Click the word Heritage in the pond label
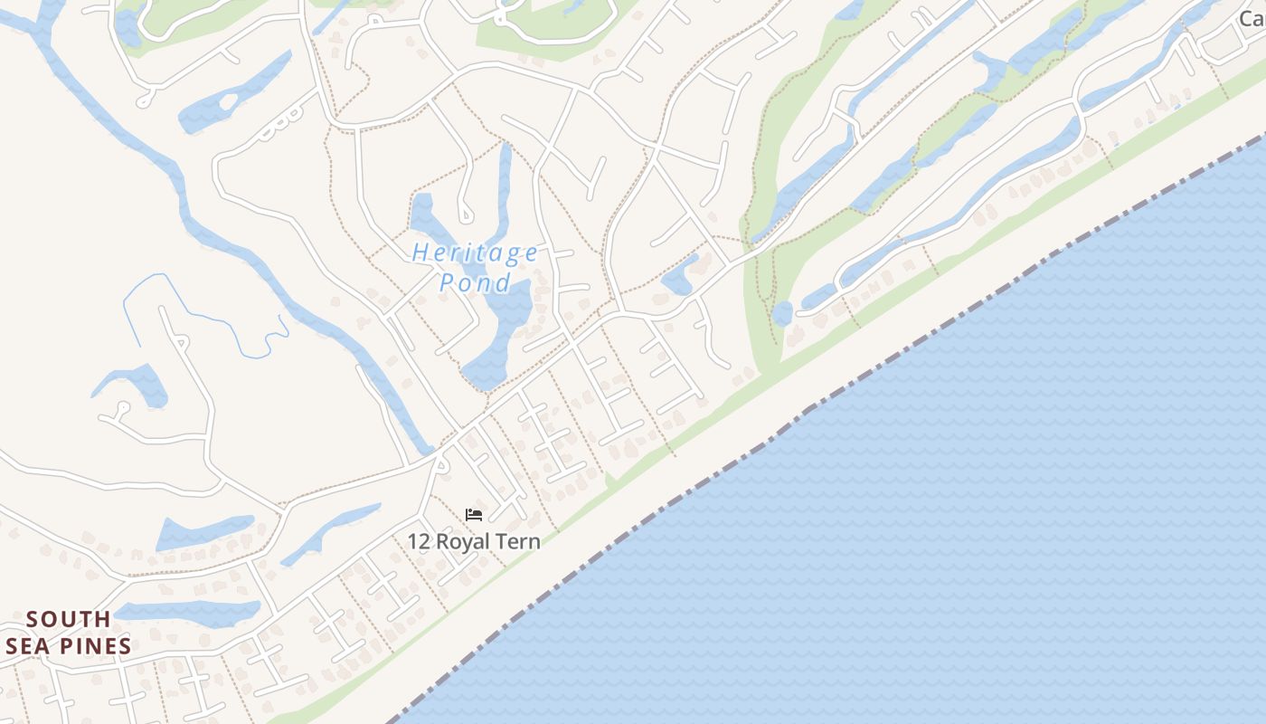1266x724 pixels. click(x=475, y=252)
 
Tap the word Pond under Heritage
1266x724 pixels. click(x=476, y=282)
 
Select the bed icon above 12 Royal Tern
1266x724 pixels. click(x=474, y=515)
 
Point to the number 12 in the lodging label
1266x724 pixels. click(x=419, y=542)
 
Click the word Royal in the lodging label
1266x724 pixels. click(x=467, y=542)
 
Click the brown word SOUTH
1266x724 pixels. click(x=69, y=620)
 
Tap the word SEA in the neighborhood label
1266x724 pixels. click(x=29, y=646)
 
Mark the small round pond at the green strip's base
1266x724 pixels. click(x=782, y=314)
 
